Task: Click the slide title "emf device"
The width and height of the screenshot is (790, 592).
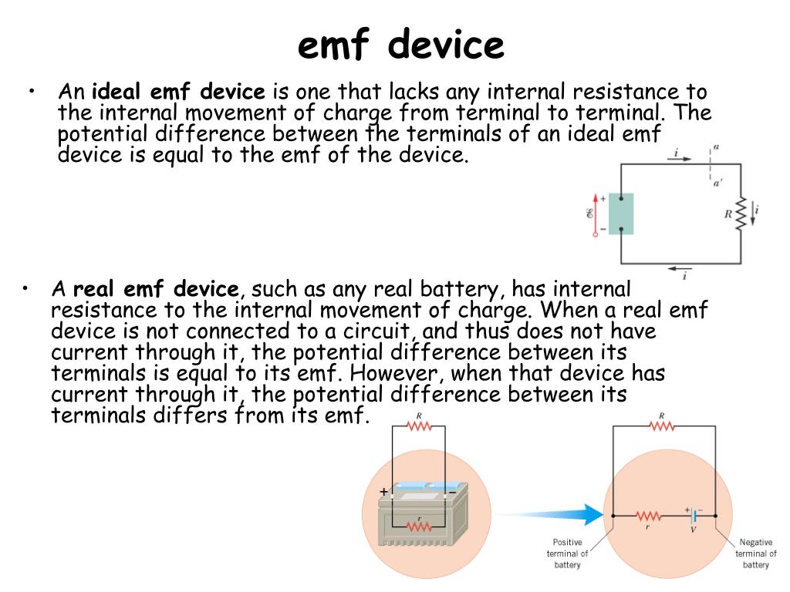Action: click(400, 45)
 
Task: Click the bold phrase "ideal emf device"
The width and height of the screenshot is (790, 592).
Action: click(178, 93)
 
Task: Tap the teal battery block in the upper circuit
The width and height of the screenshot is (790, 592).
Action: click(621, 214)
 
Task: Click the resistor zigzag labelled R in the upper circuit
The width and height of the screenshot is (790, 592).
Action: click(741, 214)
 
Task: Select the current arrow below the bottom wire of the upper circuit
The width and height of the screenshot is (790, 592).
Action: click(678, 269)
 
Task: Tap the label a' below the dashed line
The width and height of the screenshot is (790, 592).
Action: click(717, 183)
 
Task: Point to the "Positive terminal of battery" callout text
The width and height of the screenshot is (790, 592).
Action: click(567, 553)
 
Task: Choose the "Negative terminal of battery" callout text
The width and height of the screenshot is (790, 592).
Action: click(755, 553)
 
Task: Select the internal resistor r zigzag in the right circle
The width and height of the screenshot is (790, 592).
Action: click(648, 516)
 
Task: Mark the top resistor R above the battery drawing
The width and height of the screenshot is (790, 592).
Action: click(419, 427)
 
